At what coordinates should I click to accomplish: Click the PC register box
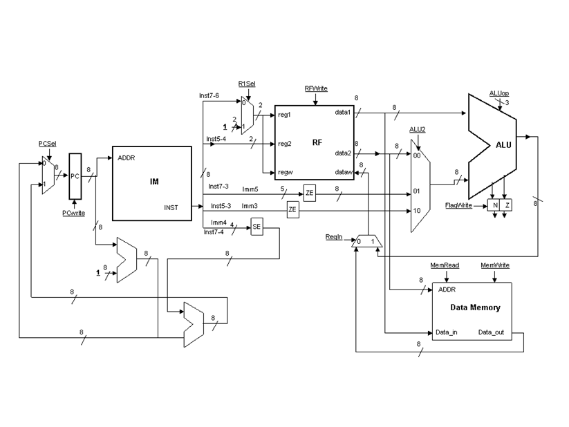pyautogui.click(x=75, y=175)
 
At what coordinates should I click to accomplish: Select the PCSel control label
pyautogui.click(x=47, y=143)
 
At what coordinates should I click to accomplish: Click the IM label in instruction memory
pyautogui.click(x=154, y=182)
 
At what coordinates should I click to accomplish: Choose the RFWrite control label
pyautogui.click(x=316, y=88)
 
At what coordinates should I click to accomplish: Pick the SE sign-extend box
pyautogui.click(x=256, y=227)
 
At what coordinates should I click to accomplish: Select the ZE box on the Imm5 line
pyautogui.click(x=309, y=193)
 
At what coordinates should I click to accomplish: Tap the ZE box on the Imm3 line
pyautogui.click(x=292, y=209)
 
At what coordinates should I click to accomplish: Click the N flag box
pyautogui.click(x=495, y=205)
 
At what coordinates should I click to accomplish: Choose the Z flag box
pyautogui.click(x=507, y=205)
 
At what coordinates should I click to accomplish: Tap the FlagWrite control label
pyautogui.click(x=458, y=205)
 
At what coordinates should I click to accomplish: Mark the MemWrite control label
pyautogui.click(x=495, y=265)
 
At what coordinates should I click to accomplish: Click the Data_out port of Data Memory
pyautogui.click(x=492, y=332)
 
